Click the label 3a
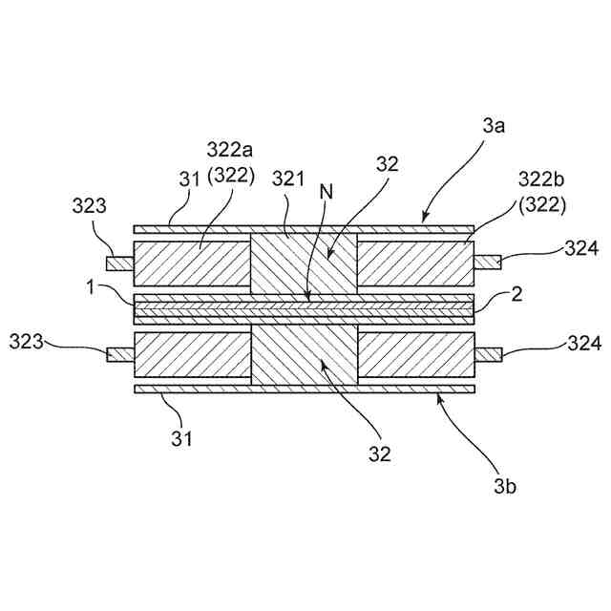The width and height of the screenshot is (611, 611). (493, 126)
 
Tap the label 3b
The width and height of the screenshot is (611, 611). (506, 486)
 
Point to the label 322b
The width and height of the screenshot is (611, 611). (539, 179)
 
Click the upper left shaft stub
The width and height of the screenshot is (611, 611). (120, 263)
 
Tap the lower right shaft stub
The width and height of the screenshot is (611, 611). (489, 355)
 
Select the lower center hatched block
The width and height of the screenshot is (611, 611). (304, 354)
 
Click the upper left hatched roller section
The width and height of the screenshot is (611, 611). (192, 263)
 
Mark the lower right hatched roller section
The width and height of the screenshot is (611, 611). (415, 354)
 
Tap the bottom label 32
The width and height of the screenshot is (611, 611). (380, 454)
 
